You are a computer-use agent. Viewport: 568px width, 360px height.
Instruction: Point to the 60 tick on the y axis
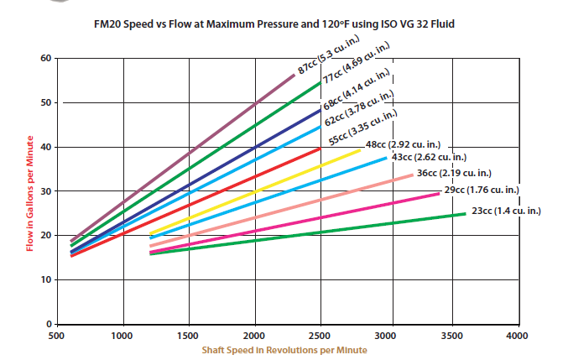point(46,59)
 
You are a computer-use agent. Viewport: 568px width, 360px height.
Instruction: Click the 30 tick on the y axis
point(46,191)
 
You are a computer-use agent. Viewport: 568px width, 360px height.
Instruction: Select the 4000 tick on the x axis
point(518,335)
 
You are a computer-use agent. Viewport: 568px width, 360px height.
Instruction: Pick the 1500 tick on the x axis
point(189,335)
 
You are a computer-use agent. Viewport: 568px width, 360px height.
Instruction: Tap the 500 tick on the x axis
point(57,335)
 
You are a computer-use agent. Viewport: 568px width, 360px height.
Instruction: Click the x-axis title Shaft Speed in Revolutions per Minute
point(284,349)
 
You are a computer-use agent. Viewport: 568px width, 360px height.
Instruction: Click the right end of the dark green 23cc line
point(465,214)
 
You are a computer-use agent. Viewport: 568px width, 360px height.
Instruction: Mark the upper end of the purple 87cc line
point(294,76)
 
